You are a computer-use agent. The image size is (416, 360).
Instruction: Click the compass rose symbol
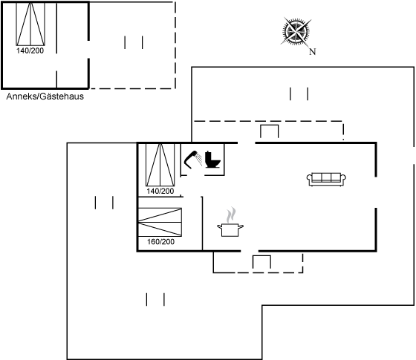click(296, 31)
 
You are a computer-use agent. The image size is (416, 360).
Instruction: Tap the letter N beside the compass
click(313, 51)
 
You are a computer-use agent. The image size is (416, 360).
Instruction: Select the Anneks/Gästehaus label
click(45, 96)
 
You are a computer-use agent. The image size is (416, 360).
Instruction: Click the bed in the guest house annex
click(30, 24)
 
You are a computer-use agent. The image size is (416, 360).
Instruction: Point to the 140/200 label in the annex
click(30, 50)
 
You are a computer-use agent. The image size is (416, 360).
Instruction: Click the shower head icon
click(193, 160)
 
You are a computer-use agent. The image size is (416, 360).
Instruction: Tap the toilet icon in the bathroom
click(212, 160)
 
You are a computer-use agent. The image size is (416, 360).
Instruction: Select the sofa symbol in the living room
click(326, 179)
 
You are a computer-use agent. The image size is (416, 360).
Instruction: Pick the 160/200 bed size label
click(160, 242)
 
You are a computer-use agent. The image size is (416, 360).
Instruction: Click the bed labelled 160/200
click(160, 222)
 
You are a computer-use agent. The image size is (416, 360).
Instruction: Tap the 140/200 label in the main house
click(160, 192)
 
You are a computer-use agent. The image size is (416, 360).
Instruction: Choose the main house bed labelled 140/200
click(160, 165)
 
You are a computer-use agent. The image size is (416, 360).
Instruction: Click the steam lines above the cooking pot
click(231, 215)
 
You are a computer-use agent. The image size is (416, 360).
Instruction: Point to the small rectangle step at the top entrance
click(269, 131)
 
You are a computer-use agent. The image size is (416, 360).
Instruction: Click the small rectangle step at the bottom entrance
click(261, 262)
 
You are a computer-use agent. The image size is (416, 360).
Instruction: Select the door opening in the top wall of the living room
click(247, 143)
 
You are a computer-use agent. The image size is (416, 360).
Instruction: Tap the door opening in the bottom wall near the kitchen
click(250, 251)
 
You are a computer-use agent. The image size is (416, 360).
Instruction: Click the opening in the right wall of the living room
click(376, 192)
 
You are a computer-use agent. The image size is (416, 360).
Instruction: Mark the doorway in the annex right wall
click(88, 50)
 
